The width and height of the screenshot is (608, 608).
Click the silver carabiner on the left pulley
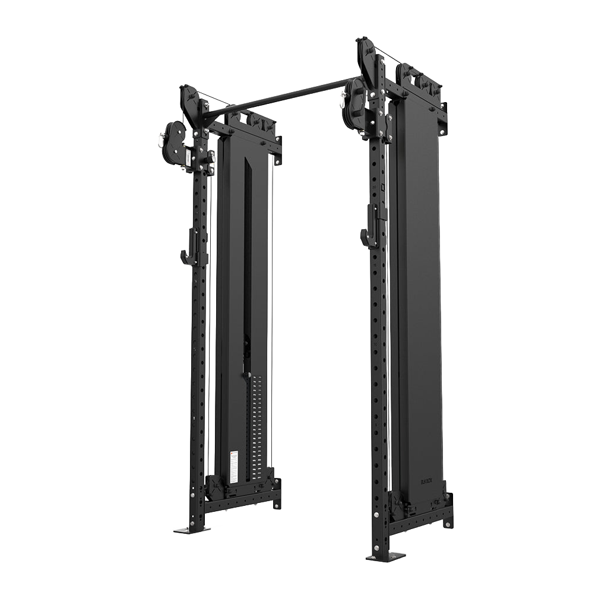pos(160,140)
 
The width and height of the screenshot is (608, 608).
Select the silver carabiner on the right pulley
pos(343,102)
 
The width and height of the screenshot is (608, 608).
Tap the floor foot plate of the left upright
pos(191,529)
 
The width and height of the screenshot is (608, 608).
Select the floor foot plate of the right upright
pos(385,556)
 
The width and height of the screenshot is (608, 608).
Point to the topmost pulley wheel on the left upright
pos(190,101)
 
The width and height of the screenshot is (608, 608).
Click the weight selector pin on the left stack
pos(245,375)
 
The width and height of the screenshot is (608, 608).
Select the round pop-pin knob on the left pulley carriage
pos(211,157)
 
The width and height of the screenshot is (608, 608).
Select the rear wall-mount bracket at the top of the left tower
pos(278,148)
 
